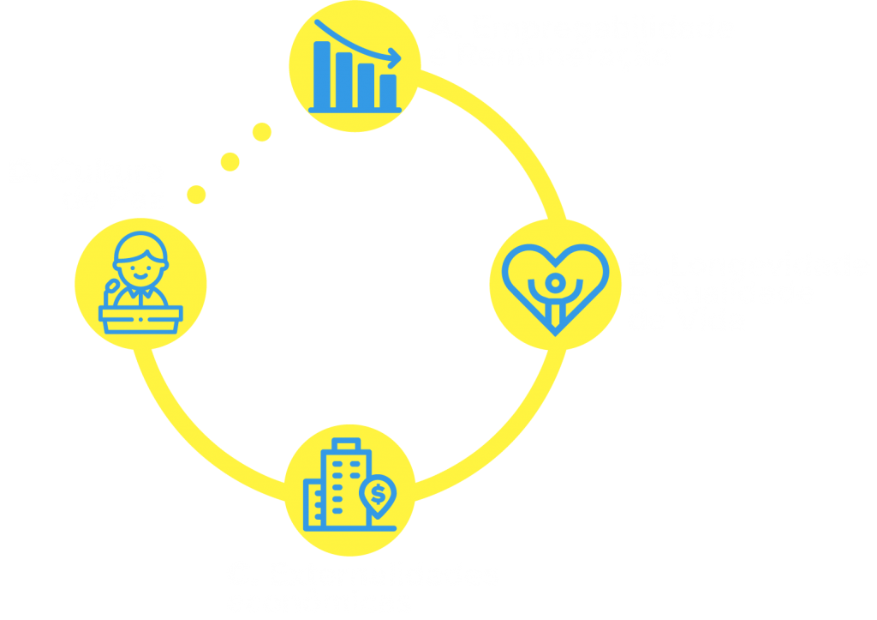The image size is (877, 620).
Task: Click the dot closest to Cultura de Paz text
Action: (x=196, y=195)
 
